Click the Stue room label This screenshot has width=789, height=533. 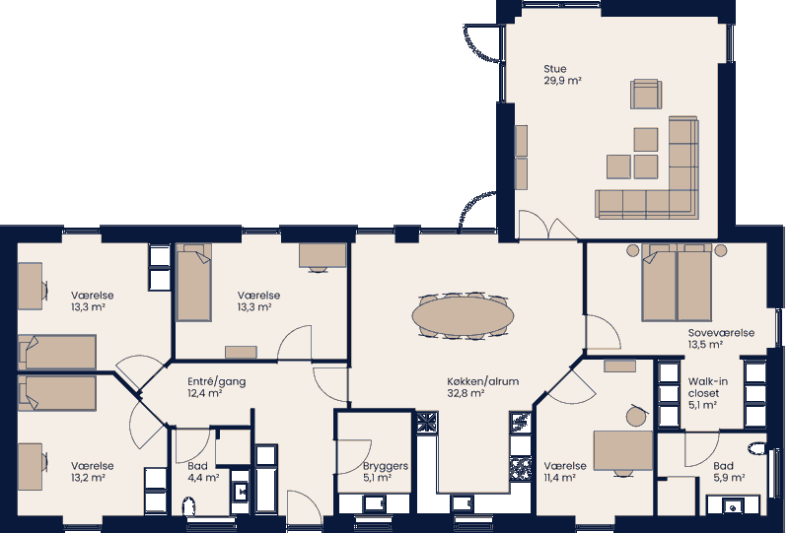click(555, 69)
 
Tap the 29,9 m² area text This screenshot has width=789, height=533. click(562, 82)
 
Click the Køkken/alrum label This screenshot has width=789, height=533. click(482, 381)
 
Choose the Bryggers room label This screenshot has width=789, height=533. click(386, 466)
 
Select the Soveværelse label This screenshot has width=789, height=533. click(721, 333)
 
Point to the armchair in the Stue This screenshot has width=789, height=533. click(646, 95)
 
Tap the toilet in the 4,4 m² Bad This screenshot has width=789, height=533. click(190, 506)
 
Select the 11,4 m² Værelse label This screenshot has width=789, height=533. click(565, 466)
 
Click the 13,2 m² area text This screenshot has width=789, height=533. click(88, 478)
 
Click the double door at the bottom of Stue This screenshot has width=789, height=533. click(549, 229)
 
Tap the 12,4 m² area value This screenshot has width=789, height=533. click(204, 393)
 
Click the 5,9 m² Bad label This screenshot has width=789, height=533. click(723, 466)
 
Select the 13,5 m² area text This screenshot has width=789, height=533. click(706, 345)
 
